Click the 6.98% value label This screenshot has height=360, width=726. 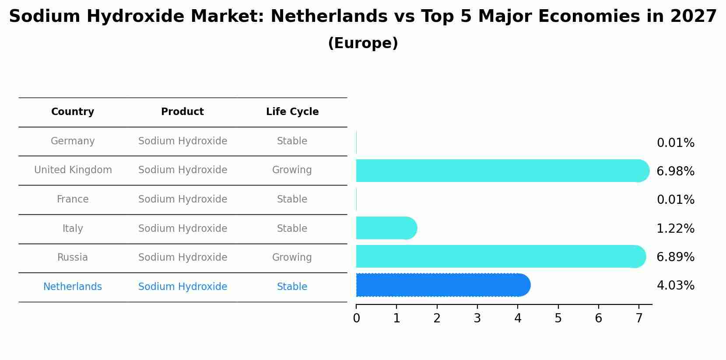(x=675, y=171)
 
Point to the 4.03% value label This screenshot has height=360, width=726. (x=675, y=286)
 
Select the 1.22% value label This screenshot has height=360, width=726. (x=675, y=229)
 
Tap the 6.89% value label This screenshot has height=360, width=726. (x=675, y=257)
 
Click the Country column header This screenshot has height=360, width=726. (x=73, y=112)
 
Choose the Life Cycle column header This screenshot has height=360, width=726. (x=292, y=112)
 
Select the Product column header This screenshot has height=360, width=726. (x=182, y=112)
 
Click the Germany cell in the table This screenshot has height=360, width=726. (x=73, y=141)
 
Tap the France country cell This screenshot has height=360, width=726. (x=73, y=199)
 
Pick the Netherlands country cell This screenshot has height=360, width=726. (x=73, y=287)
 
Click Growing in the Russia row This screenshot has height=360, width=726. (x=292, y=258)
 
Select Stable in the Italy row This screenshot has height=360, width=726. (x=292, y=229)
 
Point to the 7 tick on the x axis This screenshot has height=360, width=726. (x=639, y=318)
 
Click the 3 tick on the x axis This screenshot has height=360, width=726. (x=477, y=318)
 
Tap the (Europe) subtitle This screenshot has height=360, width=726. (x=363, y=43)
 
